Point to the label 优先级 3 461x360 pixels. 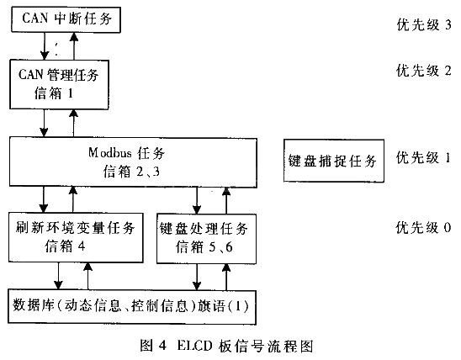tap(424, 24)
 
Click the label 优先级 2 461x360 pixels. tap(424, 71)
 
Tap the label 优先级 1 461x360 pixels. tap(423, 158)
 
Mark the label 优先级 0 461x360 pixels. tap(423, 228)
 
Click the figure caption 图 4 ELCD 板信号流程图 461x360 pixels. tap(226, 346)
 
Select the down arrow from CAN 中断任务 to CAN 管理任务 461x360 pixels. tap(45, 46)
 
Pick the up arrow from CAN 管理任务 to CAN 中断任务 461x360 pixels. tap(74, 46)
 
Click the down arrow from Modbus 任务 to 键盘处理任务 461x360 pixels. tap(197, 200)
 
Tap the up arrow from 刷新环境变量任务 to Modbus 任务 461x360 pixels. tap(73, 199)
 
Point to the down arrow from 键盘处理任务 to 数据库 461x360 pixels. tap(197, 277)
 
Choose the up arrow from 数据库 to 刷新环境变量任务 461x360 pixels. tap(87, 276)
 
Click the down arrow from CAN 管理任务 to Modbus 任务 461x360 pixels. tap(44, 123)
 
